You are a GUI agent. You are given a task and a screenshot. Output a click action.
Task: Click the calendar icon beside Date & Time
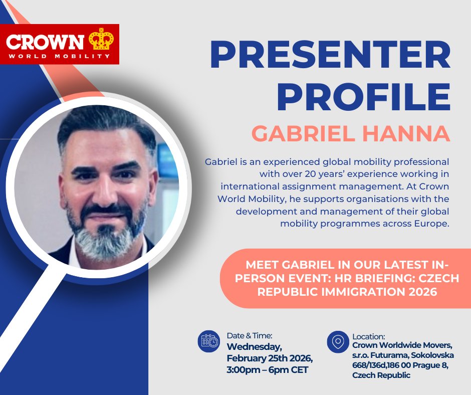click(209, 341)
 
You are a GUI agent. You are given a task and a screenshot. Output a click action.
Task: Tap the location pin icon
click(338, 341)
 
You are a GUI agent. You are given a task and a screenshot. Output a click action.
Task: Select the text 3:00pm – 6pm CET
click(268, 370)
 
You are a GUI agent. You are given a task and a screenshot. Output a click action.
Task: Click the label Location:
click(369, 336)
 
